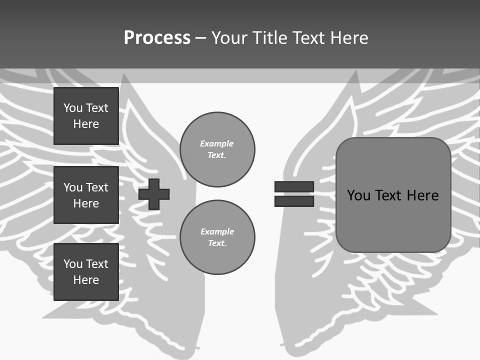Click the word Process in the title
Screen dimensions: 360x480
157,38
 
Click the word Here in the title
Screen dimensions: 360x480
348,38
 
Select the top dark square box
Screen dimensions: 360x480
86,116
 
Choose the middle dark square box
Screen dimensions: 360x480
86,195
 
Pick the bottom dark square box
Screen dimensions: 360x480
86,272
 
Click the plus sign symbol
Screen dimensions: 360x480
154,194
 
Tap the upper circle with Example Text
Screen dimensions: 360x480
217,149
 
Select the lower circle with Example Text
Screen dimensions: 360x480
217,237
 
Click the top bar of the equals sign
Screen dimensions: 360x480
294,186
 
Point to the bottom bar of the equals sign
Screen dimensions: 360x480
294,201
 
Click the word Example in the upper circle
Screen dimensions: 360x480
217,144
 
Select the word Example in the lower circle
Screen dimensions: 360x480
217,232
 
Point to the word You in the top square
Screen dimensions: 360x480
72,108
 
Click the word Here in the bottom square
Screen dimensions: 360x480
86,280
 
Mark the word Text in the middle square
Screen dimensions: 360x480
97,187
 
